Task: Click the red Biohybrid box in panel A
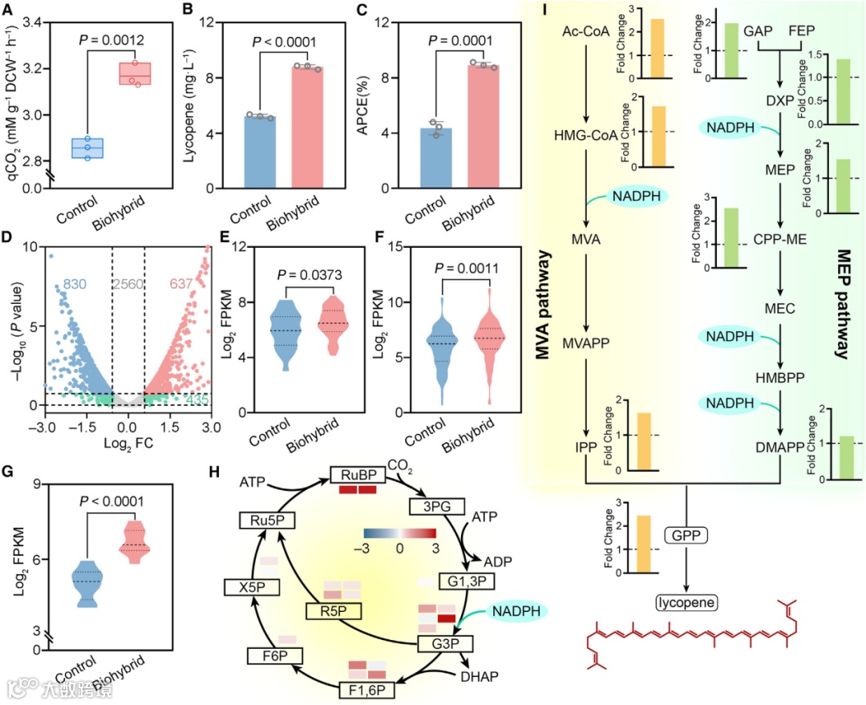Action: click(x=135, y=74)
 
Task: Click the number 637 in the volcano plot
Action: click(x=184, y=284)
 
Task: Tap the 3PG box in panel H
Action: click(x=431, y=506)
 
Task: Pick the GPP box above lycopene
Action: click(x=686, y=534)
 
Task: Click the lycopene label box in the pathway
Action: click(x=686, y=602)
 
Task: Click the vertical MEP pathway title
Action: click(x=844, y=302)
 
